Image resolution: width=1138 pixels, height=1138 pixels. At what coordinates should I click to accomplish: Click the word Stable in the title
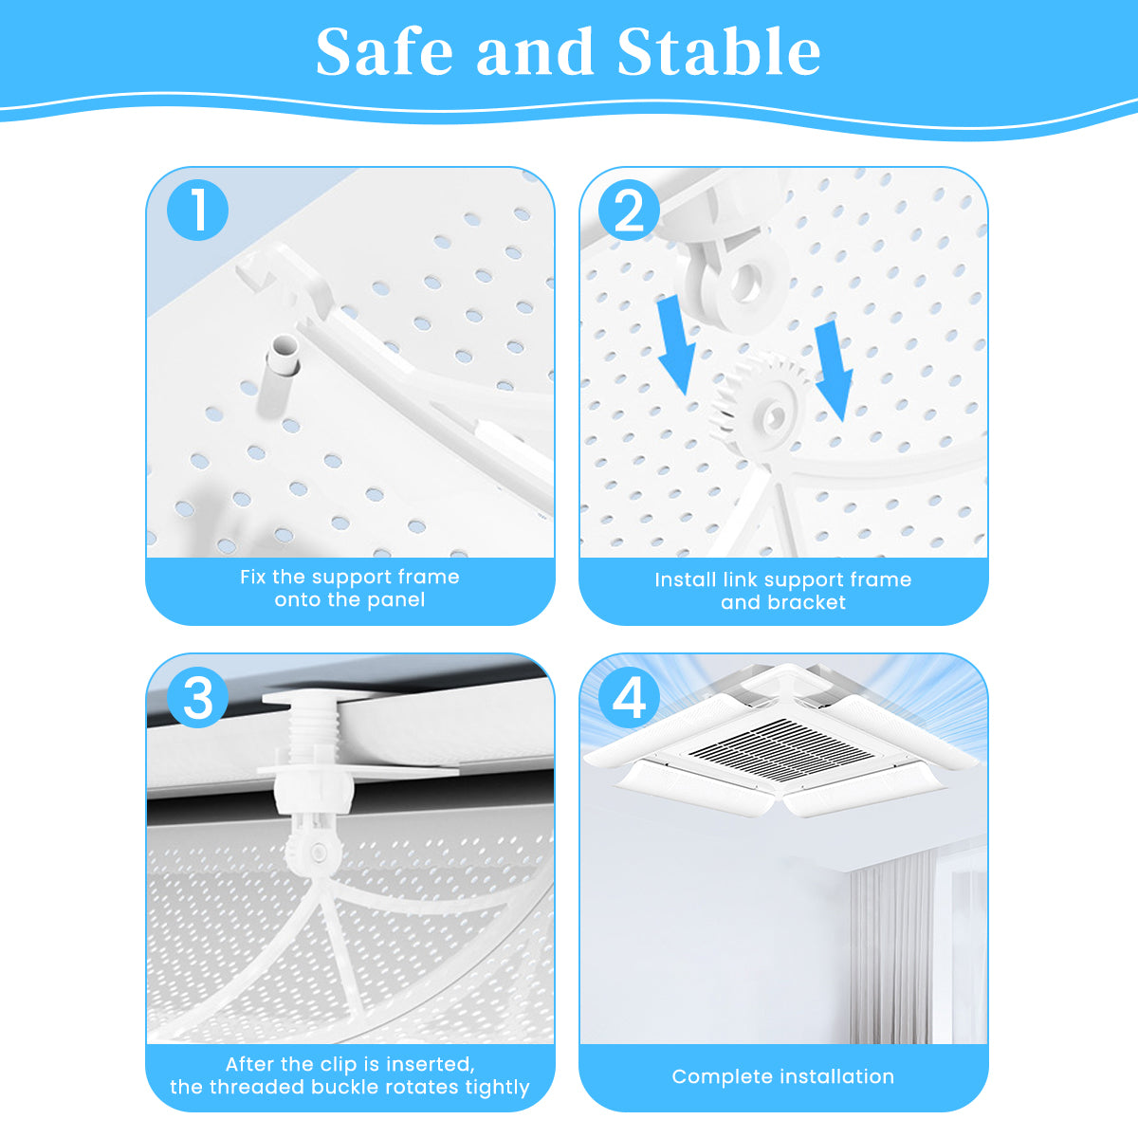(719, 52)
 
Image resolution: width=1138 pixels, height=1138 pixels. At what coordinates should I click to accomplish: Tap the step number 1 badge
(198, 210)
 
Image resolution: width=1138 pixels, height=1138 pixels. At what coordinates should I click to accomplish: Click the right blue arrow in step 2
(833, 368)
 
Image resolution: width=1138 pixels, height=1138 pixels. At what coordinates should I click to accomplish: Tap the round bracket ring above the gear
(738, 282)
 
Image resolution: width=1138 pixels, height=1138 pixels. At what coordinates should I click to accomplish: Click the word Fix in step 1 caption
(252, 577)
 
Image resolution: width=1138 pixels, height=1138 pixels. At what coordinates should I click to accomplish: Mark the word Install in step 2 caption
(685, 579)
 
